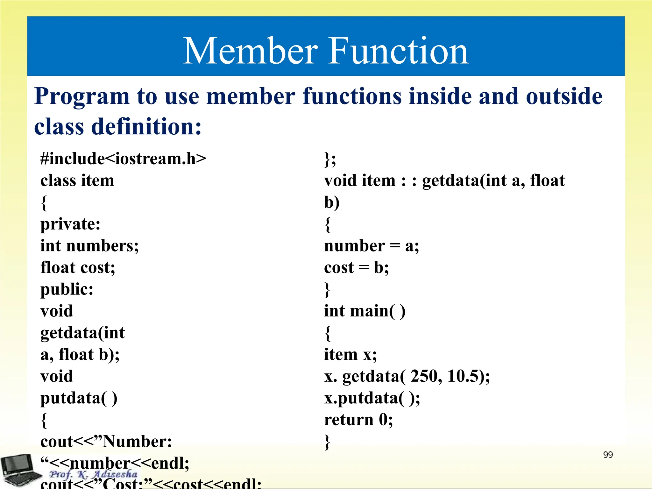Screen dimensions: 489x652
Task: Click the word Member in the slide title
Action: pos(250,51)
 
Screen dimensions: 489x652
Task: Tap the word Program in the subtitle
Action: pos(82,96)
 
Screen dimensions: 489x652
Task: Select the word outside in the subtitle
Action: pos(564,96)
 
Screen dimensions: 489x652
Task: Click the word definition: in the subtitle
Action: pos(146,127)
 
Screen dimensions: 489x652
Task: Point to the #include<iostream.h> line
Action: pos(123,159)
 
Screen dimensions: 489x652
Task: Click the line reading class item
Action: pos(77,181)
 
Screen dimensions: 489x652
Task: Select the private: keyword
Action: pos(70,224)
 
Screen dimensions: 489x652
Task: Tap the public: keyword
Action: pos(67,289)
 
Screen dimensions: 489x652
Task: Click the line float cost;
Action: pos(78,267)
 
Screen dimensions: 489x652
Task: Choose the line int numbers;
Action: pos(89,246)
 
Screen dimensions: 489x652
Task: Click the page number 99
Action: pos(608,455)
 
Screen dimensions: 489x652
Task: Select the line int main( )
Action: pos(365,311)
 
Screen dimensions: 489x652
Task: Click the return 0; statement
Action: pos(358,420)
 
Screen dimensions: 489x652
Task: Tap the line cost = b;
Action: pos(356,267)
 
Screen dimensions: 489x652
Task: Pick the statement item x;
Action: pos(350,355)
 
